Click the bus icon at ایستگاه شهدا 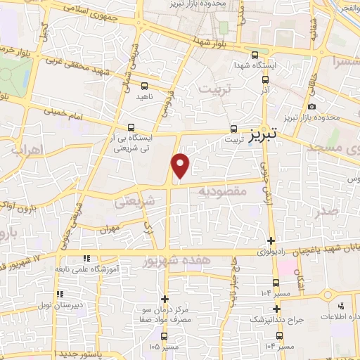point(255,54)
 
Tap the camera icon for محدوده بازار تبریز point(311,107)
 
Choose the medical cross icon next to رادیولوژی point(271,240)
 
